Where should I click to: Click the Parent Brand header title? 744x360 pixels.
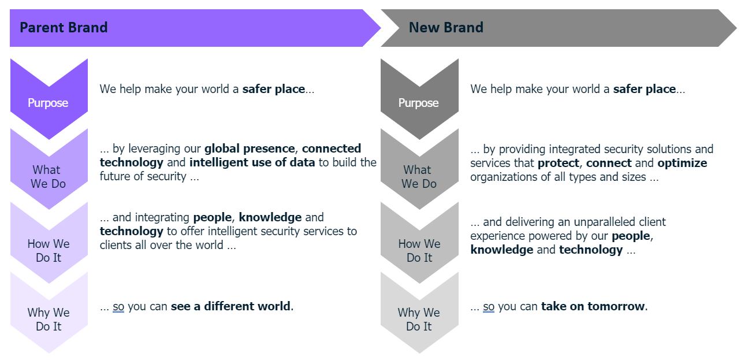pyautogui.click(x=64, y=28)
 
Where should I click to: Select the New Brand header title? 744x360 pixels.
pyautogui.click(x=446, y=28)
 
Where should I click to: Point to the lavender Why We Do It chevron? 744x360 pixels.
pyautogui.click(x=49, y=318)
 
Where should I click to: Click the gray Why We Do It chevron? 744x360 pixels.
pyautogui.click(x=419, y=318)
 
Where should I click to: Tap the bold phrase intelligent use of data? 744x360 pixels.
pyautogui.click(x=252, y=162)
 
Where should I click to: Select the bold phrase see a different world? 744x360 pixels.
pyautogui.click(x=230, y=306)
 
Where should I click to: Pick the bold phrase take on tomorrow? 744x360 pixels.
pyautogui.click(x=593, y=306)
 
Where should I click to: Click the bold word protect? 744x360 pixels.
pyautogui.click(x=558, y=163)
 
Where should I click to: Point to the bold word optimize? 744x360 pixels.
pyautogui.click(x=682, y=163)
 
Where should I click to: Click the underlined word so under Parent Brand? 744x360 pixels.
pyautogui.click(x=118, y=307)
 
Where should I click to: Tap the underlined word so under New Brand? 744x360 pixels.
pyautogui.click(x=489, y=307)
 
